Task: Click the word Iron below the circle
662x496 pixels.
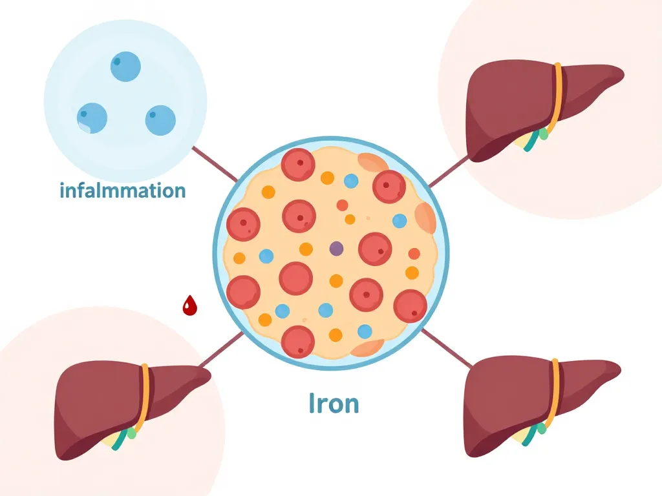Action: [x=333, y=403]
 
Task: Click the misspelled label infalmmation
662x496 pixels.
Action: [x=122, y=191]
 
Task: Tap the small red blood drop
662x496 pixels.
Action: [x=189, y=305]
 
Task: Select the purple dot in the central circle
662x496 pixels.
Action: [x=336, y=248]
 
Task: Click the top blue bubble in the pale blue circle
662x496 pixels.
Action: [x=125, y=67]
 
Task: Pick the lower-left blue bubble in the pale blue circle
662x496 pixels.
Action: [x=92, y=118]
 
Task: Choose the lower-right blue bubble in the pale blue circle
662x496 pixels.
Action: [x=160, y=120]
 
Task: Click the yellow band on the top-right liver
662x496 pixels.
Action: [x=557, y=97]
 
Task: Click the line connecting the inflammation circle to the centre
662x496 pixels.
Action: [x=215, y=164]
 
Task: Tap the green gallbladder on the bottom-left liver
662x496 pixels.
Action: [x=133, y=433]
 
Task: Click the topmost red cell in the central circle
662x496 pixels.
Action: [x=298, y=165]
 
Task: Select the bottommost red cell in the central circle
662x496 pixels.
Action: [x=298, y=341]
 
